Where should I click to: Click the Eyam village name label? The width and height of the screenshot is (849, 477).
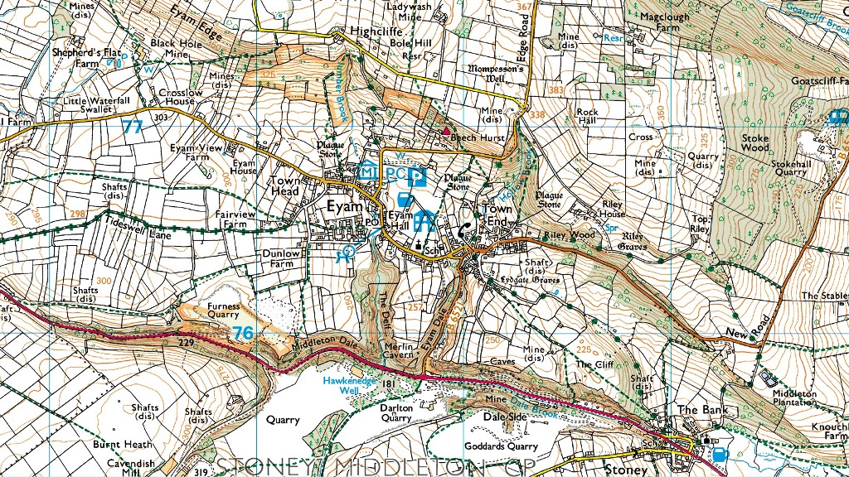click(343, 206)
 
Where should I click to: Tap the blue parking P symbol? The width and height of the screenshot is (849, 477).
click(420, 176)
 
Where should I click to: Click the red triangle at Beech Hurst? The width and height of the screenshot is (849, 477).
click(446, 131)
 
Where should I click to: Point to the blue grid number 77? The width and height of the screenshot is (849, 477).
click(133, 127)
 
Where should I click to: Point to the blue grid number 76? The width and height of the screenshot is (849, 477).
click(244, 333)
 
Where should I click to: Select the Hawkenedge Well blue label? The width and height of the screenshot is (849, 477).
click(350, 384)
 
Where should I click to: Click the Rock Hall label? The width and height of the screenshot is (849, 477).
click(587, 117)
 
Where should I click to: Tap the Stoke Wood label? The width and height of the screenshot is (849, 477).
click(754, 143)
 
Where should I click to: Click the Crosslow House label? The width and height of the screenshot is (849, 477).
click(181, 98)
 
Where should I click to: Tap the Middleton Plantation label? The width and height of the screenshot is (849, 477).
click(794, 398)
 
